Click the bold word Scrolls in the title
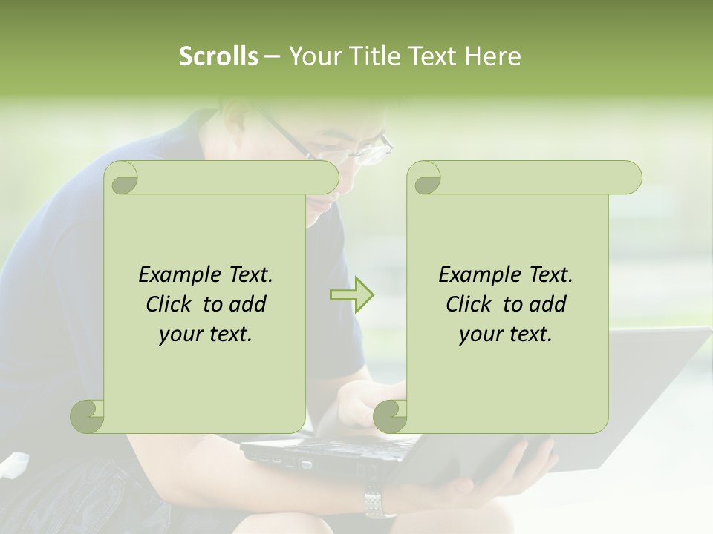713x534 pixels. tap(218, 56)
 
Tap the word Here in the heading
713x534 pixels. tap(492, 56)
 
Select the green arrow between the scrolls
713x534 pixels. tap(352, 295)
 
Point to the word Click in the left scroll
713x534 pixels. tap(172, 304)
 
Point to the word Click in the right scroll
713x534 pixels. tap(472, 304)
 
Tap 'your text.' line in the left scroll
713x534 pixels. tap(206, 334)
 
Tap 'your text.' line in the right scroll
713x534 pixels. tap(506, 334)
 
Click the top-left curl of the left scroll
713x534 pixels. tap(122, 179)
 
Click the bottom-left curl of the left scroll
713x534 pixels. tap(88, 416)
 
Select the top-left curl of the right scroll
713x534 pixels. tap(425, 179)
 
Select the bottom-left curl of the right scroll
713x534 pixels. tap(391, 416)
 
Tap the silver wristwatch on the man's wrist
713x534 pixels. tap(380, 503)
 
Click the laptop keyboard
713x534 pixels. tap(349, 446)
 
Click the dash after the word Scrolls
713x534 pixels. tap(272, 56)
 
